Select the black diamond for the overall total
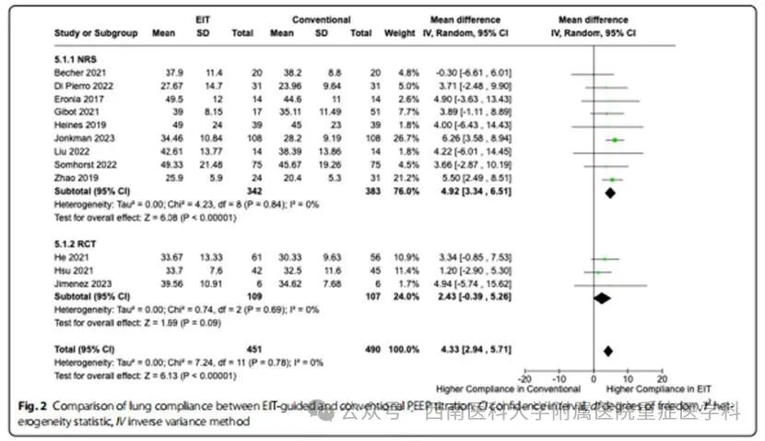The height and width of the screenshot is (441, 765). coord(607,351)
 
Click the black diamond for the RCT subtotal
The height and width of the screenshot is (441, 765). coord(601,298)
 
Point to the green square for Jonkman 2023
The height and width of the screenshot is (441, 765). coord(614,138)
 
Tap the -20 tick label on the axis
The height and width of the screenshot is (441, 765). coord(525,379)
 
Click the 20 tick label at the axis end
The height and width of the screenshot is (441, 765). coord(662,379)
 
